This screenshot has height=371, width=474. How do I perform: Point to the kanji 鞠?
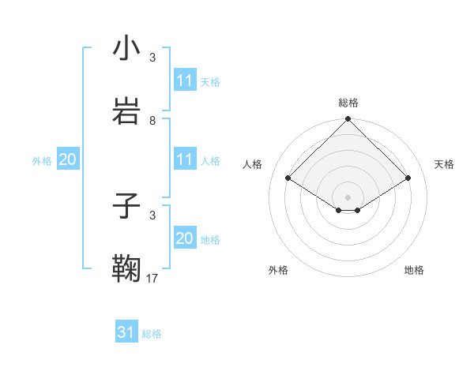click(x=127, y=269)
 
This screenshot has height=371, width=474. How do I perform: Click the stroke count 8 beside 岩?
click(x=152, y=121)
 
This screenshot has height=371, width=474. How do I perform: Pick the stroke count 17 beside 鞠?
click(x=152, y=278)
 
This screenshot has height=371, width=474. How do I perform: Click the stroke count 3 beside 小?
click(x=152, y=57)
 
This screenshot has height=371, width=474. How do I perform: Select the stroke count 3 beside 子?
click(x=152, y=215)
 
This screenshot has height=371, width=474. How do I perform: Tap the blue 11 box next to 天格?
click(x=185, y=81)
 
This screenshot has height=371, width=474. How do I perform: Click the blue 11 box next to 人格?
click(x=185, y=160)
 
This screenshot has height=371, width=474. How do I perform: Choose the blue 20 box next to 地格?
click(x=185, y=239)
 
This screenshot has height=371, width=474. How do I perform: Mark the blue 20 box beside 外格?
click(x=67, y=160)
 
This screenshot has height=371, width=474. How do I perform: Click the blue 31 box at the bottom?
click(x=126, y=332)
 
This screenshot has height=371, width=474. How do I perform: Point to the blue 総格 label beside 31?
click(x=152, y=334)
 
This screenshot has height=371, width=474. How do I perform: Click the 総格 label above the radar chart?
click(x=348, y=103)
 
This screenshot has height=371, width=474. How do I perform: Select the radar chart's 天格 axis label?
click(x=445, y=164)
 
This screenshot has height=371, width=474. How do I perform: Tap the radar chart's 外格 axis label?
click(x=278, y=270)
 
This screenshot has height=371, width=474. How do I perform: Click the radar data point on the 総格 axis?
click(x=348, y=120)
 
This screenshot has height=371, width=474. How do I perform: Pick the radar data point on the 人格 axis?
click(x=288, y=178)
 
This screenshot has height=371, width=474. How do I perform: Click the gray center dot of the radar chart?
click(x=348, y=197)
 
